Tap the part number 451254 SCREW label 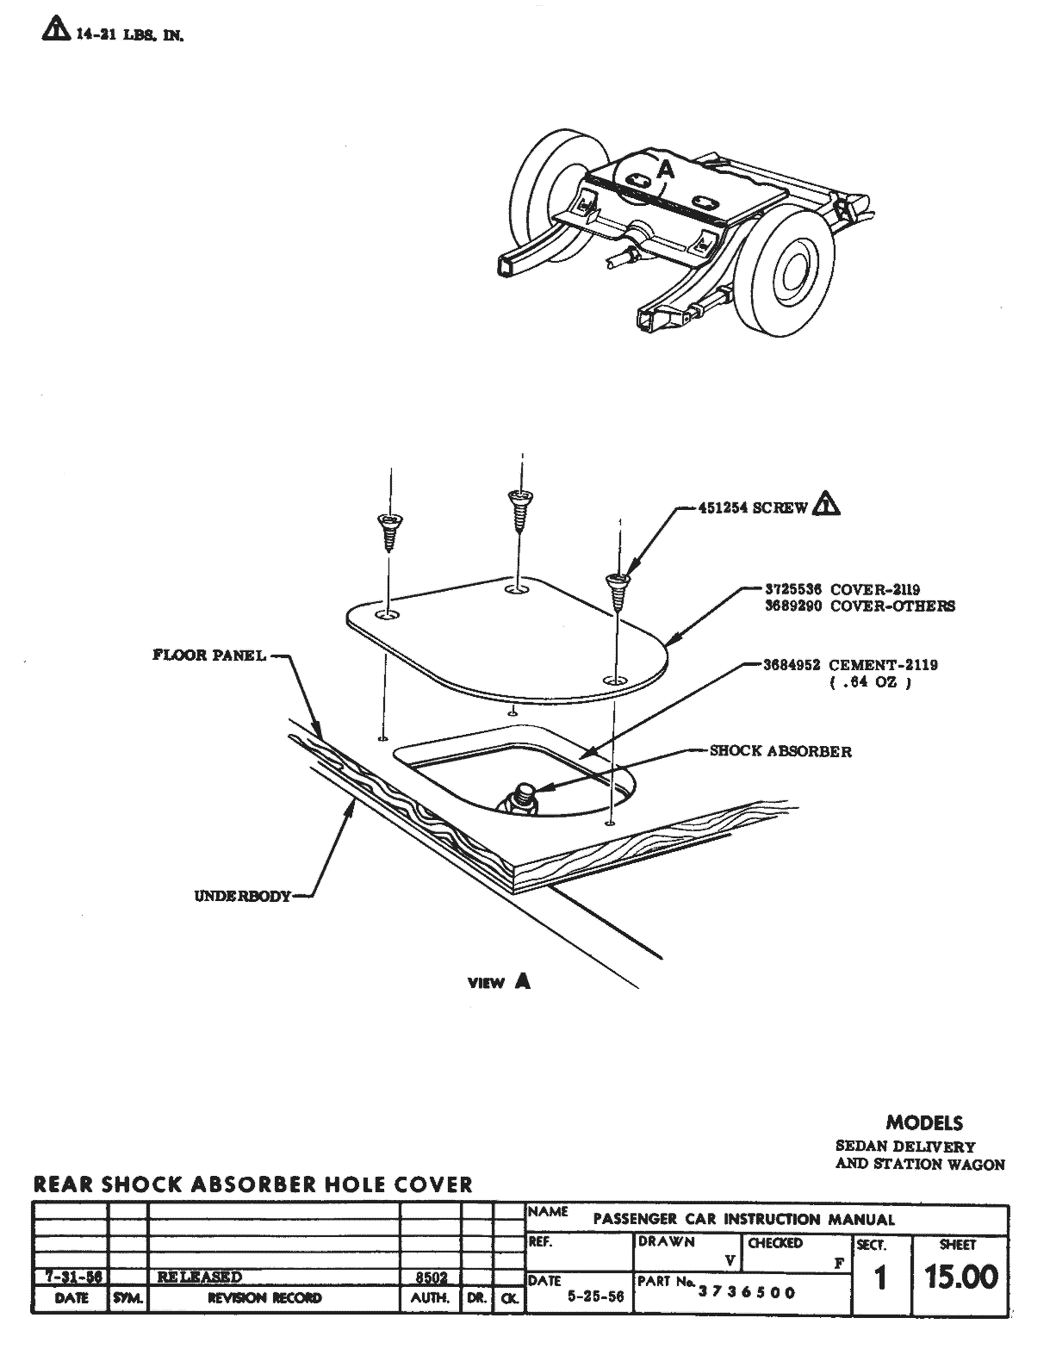752,507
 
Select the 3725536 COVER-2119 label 842,590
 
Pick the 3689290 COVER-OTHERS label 859,606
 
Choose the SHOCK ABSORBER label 780,751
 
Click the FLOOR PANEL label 209,655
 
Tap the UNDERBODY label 242,895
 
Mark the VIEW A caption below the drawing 499,981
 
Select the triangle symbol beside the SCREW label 826,505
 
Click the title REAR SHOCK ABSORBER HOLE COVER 253,1184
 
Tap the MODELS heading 924,1122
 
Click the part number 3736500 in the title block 747,1292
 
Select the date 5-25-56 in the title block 596,1296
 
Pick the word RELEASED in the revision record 200,1277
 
